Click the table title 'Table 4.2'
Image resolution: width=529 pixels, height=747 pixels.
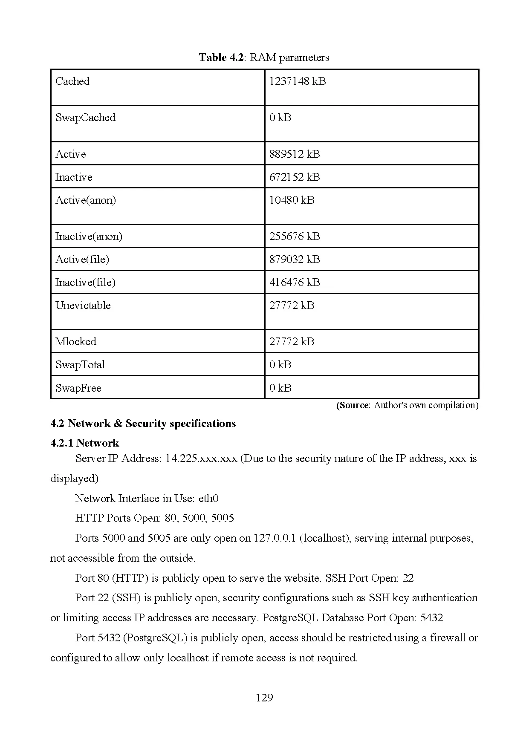[x=221, y=58]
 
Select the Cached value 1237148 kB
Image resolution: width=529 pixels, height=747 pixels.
[x=297, y=81]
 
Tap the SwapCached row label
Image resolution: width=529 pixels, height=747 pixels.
[x=85, y=118]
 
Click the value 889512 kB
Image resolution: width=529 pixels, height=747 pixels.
[x=294, y=154]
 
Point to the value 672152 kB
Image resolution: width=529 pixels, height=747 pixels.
[x=294, y=177]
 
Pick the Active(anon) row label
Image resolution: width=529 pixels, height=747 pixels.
[x=85, y=200]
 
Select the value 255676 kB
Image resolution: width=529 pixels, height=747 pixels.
[x=294, y=237]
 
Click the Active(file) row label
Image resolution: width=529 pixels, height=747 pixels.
[x=82, y=260]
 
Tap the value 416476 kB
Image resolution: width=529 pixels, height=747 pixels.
[x=294, y=283]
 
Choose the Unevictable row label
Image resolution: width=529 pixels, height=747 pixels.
[x=83, y=306]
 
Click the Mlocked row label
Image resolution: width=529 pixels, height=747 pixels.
[x=75, y=342]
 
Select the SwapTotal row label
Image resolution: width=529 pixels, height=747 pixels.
[x=80, y=365]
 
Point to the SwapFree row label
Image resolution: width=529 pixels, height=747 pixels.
[x=78, y=388]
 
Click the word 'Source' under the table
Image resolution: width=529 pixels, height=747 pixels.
[x=353, y=405]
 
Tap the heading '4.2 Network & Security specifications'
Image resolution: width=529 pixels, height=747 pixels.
[x=143, y=424]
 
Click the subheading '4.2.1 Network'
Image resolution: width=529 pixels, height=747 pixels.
[x=84, y=443]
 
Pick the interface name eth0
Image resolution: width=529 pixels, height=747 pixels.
[x=208, y=499]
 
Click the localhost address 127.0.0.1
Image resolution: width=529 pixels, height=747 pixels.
[x=275, y=538]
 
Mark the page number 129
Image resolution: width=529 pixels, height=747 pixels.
[x=264, y=698]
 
